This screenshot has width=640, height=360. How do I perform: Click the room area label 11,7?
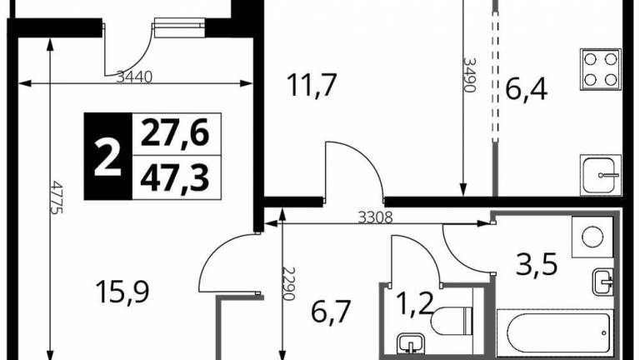312,85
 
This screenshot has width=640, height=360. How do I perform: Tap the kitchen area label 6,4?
526,89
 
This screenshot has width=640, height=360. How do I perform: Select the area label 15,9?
122,292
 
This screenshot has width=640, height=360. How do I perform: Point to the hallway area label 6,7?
331,312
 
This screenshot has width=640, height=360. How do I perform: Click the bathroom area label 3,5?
537,264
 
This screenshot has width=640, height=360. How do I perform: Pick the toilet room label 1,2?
414,304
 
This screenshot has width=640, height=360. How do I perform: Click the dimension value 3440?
134,77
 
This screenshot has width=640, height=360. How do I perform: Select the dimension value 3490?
469,75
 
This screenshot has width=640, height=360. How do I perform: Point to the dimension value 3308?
375,217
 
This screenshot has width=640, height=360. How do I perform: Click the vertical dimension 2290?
288,283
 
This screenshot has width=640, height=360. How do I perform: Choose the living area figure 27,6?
175,132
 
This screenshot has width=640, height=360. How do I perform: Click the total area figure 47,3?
175,178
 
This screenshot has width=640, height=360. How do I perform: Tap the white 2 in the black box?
107,157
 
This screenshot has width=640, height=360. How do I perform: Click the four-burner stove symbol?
600,69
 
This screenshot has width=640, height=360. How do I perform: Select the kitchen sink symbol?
600,175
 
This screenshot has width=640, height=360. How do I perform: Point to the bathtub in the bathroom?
555,334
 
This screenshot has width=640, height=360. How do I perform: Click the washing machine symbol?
592,237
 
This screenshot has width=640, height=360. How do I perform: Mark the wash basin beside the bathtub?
603,282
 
